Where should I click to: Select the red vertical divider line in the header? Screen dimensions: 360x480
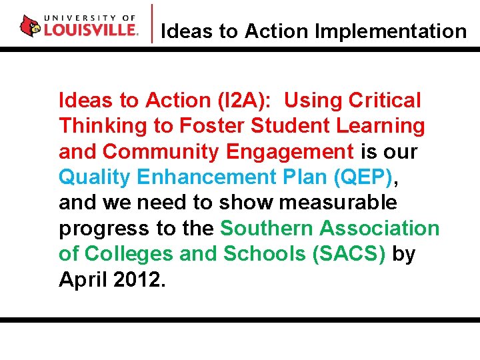tap(153, 24)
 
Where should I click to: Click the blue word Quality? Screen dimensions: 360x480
tap(95, 177)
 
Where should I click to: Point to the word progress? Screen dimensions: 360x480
tap(105, 229)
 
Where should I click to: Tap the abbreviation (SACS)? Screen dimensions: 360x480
tap(349, 254)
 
